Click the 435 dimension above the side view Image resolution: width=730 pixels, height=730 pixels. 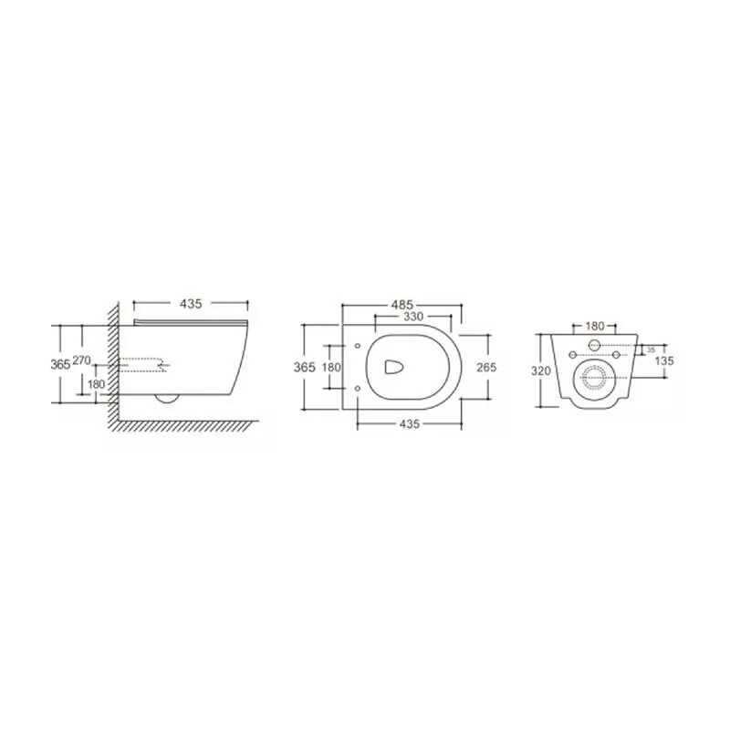click(190, 302)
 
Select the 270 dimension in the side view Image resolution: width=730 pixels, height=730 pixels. click(81, 361)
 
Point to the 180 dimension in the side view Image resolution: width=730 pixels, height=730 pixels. click(97, 384)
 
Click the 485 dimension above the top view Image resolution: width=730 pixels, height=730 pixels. click(402, 304)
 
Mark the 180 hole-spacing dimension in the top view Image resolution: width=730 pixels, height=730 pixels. click(333, 366)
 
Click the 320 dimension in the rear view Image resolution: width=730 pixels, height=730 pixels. click(541, 371)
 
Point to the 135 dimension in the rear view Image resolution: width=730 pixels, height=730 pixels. click(665, 360)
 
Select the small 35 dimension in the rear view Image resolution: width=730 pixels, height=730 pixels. click(650, 349)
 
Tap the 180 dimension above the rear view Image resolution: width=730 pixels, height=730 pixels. click(594, 326)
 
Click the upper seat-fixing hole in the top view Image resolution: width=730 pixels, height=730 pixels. click(358, 345)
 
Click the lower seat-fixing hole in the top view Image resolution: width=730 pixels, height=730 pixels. click(358, 388)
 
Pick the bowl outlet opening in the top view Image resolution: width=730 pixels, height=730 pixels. click(393, 366)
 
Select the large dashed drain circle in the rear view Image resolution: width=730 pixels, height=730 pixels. click(594, 377)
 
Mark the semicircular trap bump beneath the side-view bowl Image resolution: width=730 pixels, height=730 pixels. click(167, 398)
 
